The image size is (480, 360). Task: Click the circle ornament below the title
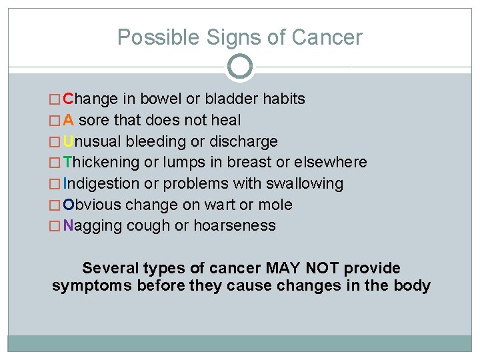(x=240, y=67)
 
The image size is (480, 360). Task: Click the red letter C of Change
(x=69, y=99)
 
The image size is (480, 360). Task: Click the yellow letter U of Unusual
(x=69, y=141)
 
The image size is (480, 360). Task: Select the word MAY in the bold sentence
(x=283, y=269)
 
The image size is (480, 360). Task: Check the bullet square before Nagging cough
(x=55, y=226)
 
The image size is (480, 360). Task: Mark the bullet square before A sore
(x=55, y=121)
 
